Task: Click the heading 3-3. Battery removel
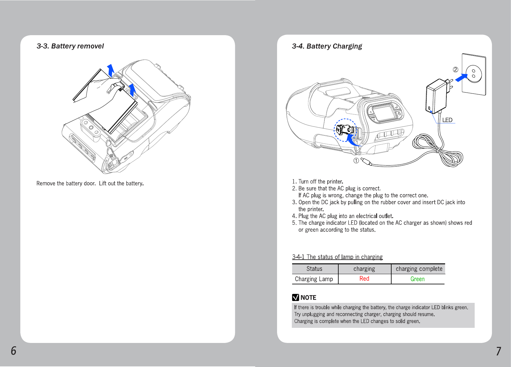(x=70, y=46)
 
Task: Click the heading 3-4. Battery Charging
(x=327, y=46)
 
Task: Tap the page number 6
(x=14, y=351)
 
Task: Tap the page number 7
(x=498, y=351)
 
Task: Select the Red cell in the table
(x=364, y=279)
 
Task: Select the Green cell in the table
(x=417, y=279)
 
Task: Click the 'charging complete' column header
(x=419, y=269)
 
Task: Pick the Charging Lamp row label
(x=314, y=279)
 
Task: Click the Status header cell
(x=314, y=269)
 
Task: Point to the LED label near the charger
(x=447, y=120)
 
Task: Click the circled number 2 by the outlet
(x=456, y=70)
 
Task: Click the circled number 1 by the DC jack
(x=356, y=161)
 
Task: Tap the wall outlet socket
(x=474, y=74)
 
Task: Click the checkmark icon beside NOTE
(x=296, y=298)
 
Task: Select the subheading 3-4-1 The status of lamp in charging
(x=337, y=257)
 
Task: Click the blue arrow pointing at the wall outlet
(x=461, y=77)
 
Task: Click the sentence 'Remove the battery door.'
(x=66, y=183)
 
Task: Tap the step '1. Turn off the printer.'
(x=318, y=182)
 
